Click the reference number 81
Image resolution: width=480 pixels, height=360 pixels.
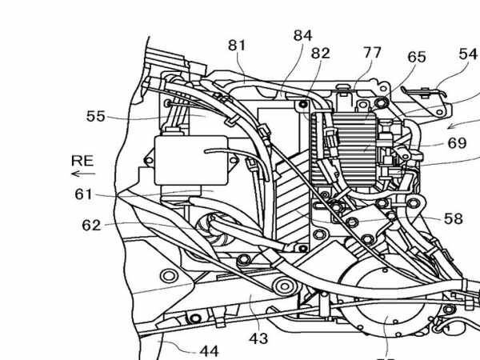(237, 46)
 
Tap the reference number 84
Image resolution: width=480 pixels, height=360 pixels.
(302, 36)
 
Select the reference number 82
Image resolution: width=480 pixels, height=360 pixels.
(320, 53)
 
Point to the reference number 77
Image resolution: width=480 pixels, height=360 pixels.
(372, 54)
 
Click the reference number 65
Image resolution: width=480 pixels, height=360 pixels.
(417, 58)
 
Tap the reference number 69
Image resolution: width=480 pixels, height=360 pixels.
(457, 143)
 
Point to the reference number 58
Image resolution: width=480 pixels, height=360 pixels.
(453, 218)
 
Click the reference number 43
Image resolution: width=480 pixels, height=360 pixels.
(258, 338)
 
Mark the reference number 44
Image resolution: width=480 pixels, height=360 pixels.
(209, 350)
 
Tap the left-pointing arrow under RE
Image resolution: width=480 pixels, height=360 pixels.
(82, 173)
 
